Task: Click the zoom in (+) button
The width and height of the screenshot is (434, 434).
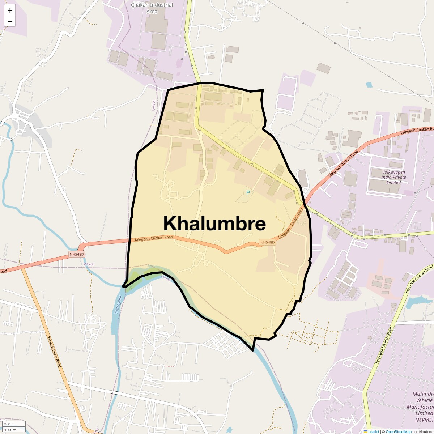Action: pos(10,10)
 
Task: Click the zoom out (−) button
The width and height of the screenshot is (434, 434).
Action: pos(10,21)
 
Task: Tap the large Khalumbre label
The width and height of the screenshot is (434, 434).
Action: pos(214,224)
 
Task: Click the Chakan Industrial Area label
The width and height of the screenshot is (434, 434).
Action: pos(152,8)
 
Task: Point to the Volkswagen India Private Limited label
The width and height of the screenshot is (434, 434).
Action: pos(393,177)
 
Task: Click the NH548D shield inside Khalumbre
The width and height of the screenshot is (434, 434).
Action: pos(267,242)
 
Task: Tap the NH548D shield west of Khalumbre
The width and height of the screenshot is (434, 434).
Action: pos(77,255)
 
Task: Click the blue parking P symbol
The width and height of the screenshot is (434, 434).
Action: pos(248,193)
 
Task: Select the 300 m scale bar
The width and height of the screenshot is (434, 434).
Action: pos(14,424)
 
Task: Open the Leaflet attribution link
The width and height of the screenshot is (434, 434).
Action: pos(373,431)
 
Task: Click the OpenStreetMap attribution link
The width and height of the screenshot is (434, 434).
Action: pos(399,431)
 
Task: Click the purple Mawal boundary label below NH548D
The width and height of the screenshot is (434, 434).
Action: pos(89,264)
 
